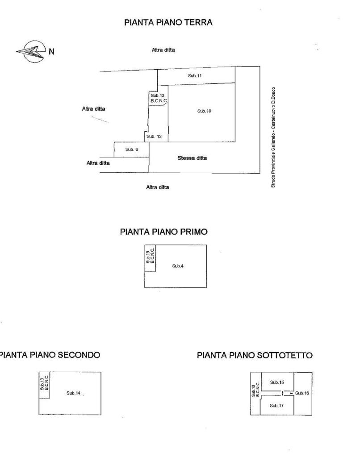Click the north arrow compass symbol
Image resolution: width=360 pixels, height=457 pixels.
tap(32, 52)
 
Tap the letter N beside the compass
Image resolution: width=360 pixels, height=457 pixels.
tap(51, 52)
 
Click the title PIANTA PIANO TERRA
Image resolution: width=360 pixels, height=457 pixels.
tap(168, 22)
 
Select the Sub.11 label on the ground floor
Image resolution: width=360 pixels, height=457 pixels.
tap(195, 76)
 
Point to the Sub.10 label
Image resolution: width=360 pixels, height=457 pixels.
tap(204, 111)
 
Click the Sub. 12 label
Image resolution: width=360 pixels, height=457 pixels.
tap(154, 137)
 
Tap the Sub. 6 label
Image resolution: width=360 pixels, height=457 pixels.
tap(132, 150)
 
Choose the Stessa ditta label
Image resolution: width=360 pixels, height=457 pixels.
tap(192, 158)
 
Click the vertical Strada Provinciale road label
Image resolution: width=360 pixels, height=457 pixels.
tap(273, 137)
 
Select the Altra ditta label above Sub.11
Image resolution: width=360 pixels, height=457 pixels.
tap(163, 50)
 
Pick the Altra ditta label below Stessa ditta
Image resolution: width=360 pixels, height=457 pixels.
tap(158, 187)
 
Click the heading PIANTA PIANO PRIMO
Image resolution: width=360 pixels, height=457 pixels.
tap(163, 232)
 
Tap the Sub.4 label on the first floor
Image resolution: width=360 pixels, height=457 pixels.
tap(178, 266)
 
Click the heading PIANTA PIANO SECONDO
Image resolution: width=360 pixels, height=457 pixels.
tap(50, 355)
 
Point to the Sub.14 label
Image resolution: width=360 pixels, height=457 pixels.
tap(73, 393)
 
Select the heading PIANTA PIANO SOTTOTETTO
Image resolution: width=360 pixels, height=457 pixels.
tap(255, 355)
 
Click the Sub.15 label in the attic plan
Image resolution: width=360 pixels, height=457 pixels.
tap(277, 382)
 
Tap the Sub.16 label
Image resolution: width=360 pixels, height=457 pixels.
tap(302, 393)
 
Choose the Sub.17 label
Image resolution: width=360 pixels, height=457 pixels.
tap(276, 406)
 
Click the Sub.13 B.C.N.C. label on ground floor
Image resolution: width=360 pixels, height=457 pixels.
tap(159, 98)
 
